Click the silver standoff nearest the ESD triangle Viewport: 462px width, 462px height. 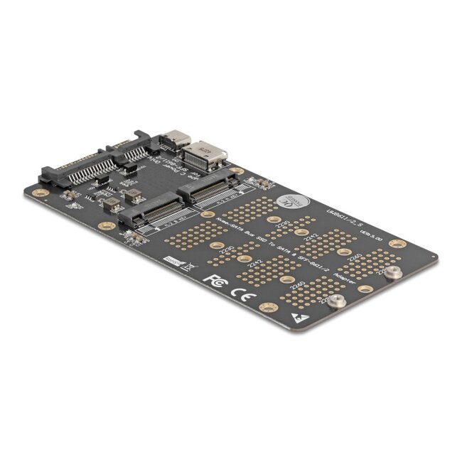click(x=340, y=303)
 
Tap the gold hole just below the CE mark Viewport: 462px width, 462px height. click(x=269, y=307)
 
